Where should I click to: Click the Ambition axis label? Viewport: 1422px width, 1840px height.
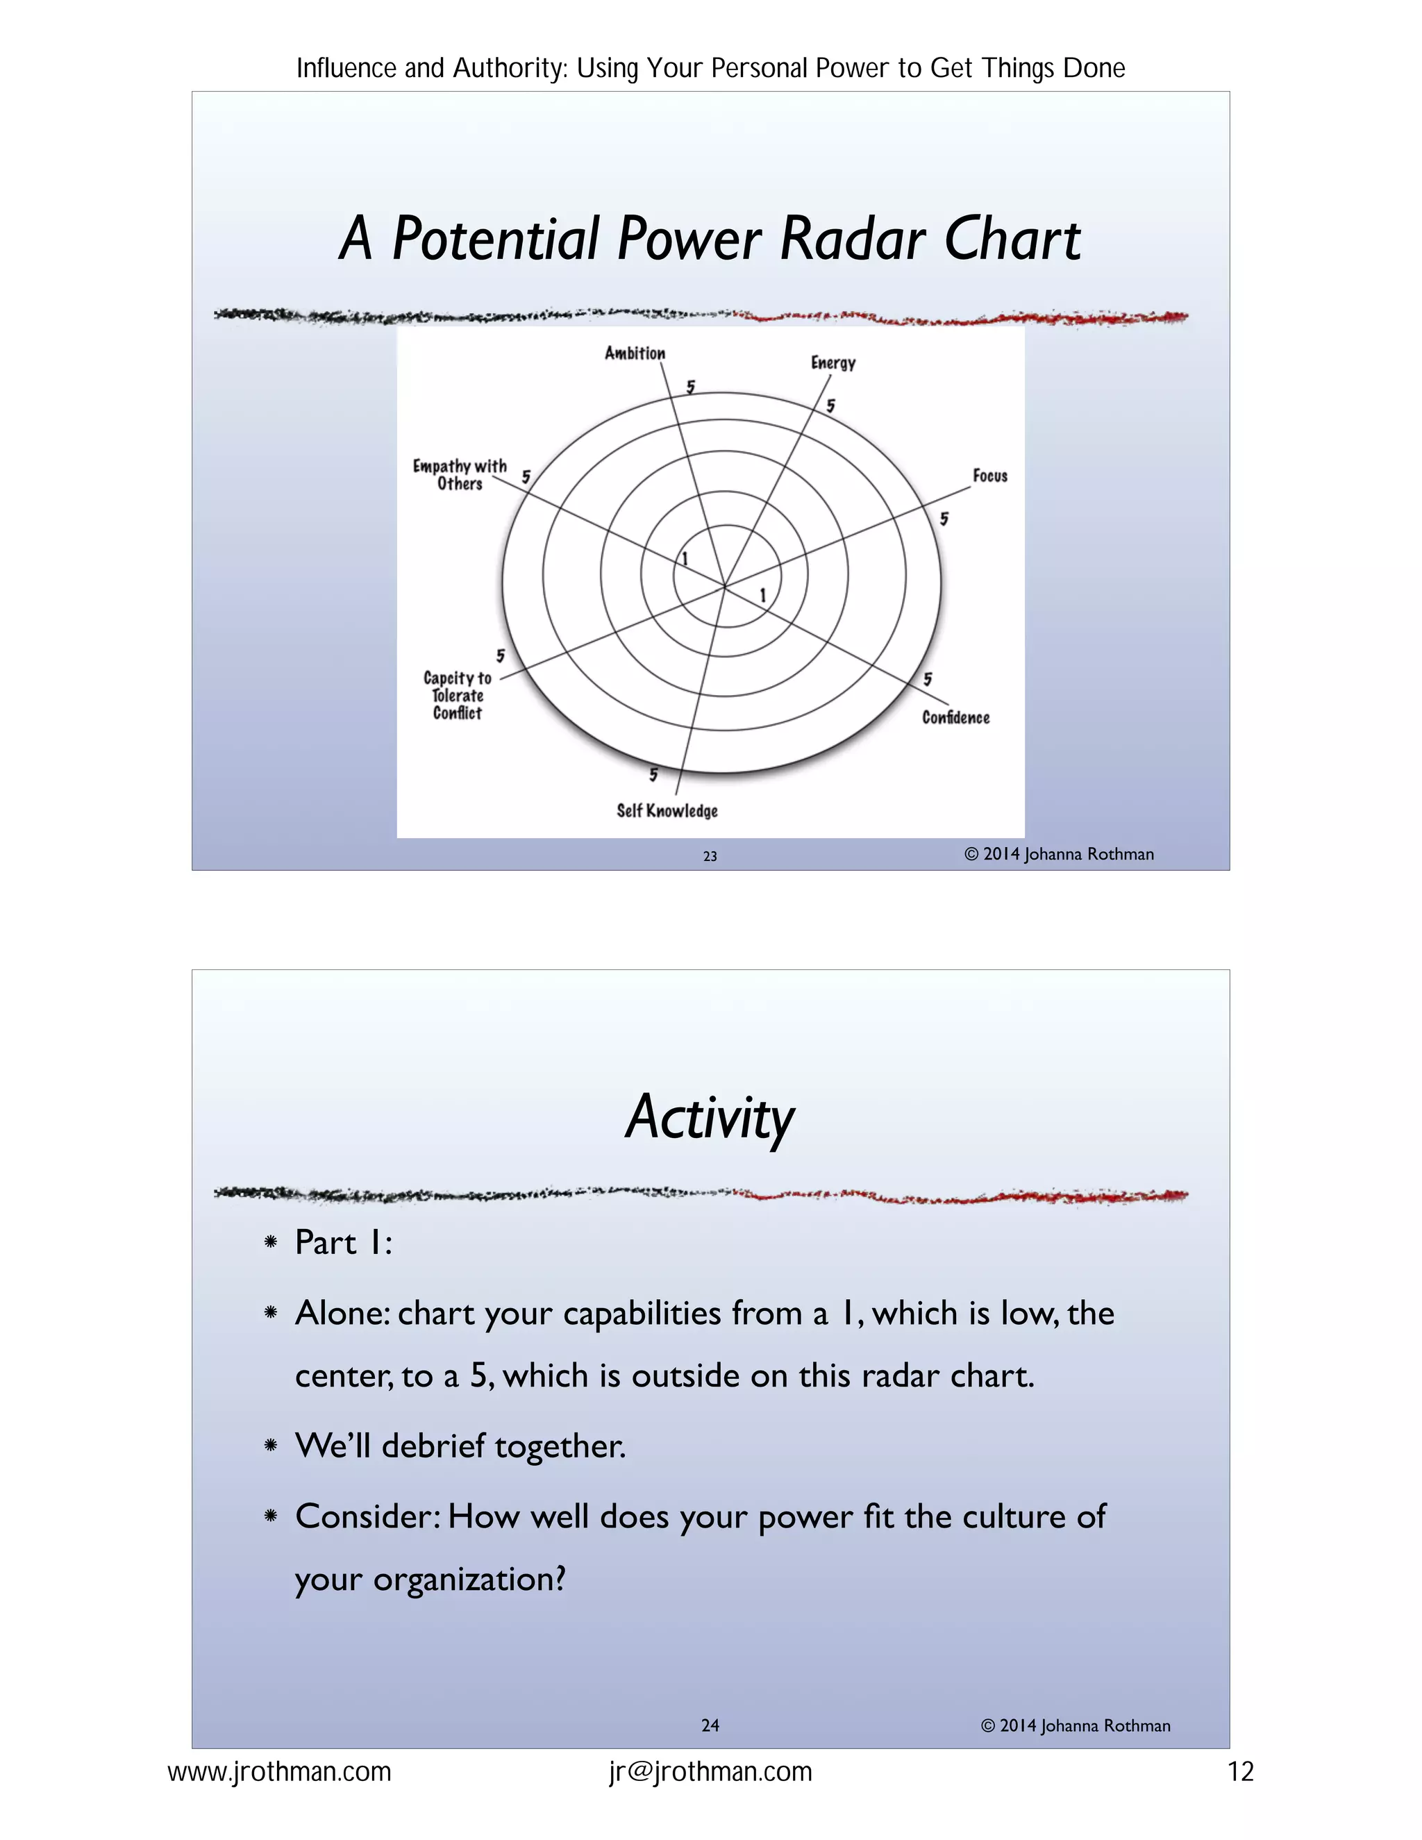pos(635,353)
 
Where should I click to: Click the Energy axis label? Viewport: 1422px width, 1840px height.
pos(833,363)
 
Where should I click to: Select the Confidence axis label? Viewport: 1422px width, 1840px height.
pos(955,718)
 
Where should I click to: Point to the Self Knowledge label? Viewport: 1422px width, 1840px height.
pos(667,810)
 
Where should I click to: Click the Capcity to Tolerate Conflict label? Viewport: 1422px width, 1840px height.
pos(458,696)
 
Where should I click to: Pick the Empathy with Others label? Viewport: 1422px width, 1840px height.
pos(460,474)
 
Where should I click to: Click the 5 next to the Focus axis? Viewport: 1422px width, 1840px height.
pos(944,519)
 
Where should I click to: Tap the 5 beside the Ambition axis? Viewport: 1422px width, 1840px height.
pos(691,387)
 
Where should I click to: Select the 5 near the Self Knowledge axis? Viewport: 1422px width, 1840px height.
pos(653,774)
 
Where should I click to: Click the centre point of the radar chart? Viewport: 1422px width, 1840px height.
pos(723,585)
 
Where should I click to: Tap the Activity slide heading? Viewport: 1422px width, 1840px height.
pos(710,1117)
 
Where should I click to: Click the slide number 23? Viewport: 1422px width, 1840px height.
pos(710,856)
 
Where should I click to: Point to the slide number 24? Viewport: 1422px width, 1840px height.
pos(710,1725)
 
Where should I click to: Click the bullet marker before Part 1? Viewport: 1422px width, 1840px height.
pos(270,1242)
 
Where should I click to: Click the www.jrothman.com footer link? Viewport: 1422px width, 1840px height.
pos(280,1772)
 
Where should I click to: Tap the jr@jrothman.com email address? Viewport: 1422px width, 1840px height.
pos(710,1772)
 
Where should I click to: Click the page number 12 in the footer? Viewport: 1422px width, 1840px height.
pos(1240,1772)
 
